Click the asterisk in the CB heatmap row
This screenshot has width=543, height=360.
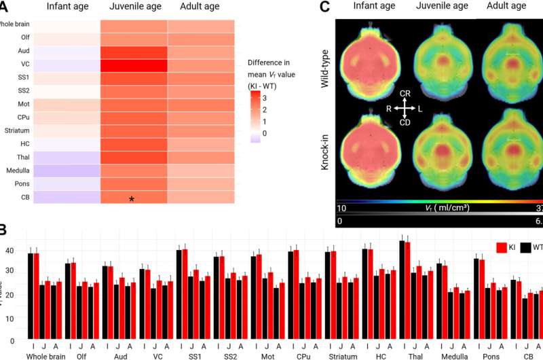[132, 199]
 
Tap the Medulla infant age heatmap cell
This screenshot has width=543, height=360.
[66, 170]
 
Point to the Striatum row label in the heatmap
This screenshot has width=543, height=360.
[16, 130]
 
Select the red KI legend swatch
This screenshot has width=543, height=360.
[503, 247]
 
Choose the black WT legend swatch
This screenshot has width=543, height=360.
[526, 247]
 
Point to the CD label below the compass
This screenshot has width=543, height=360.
[404, 123]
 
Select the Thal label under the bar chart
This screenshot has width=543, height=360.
[415, 355]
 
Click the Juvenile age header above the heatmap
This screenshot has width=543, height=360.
[133, 7]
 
